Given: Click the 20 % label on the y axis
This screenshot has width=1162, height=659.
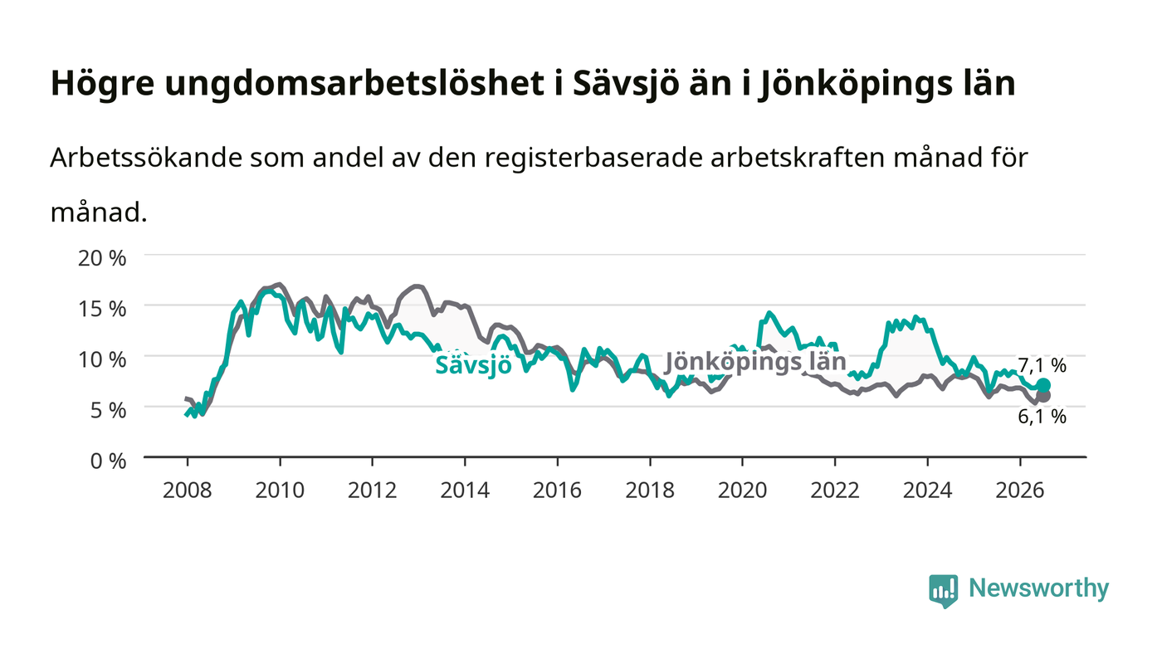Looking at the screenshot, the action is pyautogui.click(x=102, y=258).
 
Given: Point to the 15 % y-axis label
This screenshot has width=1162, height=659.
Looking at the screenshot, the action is pyautogui.click(x=102, y=309).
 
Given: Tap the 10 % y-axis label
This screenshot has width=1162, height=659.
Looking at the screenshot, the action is pyautogui.click(x=102, y=359).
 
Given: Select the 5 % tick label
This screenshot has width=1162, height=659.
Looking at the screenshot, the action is pyautogui.click(x=109, y=411).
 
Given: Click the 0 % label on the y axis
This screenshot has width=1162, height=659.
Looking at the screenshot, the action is pyautogui.click(x=109, y=461).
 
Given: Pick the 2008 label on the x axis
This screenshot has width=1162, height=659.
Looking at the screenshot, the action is pyautogui.click(x=188, y=491).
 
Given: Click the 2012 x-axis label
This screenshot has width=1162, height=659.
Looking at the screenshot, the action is pyautogui.click(x=373, y=491).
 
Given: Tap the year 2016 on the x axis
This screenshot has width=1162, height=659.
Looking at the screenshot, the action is pyautogui.click(x=558, y=491).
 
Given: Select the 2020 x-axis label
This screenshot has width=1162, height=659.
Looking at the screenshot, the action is pyautogui.click(x=742, y=491).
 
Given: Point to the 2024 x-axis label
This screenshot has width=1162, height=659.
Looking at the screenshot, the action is pyautogui.click(x=928, y=491).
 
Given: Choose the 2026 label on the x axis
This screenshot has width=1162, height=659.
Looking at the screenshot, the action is pyautogui.click(x=1020, y=491).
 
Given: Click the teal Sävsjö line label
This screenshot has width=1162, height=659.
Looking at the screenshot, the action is pyautogui.click(x=473, y=365).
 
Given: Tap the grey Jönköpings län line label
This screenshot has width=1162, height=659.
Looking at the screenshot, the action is pyautogui.click(x=755, y=362).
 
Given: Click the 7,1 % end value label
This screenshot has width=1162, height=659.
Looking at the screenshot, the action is pyautogui.click(x=1042, y=365).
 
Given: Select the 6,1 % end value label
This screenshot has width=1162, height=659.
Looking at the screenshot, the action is pyautogui.click(x=1042, y=416).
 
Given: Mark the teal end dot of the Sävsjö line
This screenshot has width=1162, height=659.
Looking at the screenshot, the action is pyautogui.click(x=1044, y=386).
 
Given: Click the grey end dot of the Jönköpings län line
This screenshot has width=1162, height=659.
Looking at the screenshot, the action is pyautogui.click(x=1044, y=396).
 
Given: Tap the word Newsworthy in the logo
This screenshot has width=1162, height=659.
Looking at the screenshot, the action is pyautogui.click(x=1038, y=588).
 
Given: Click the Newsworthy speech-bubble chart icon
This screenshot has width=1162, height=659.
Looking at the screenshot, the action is pyautogui.click(x=943, y=591).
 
